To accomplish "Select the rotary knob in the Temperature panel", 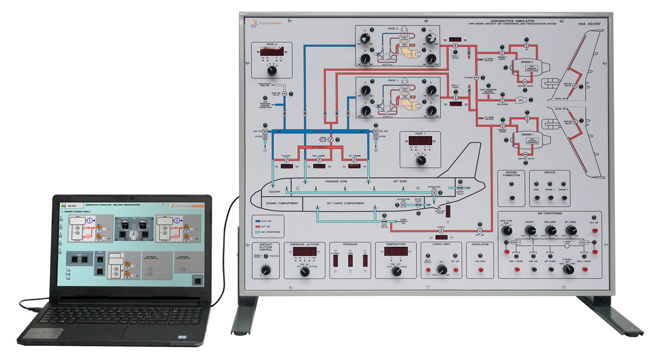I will (x=393, y=269).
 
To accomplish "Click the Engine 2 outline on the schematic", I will (x=526, y=65).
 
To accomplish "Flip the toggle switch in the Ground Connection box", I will (x=512, y=197).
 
